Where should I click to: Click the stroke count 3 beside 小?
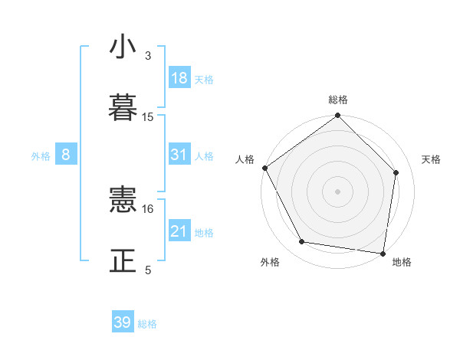[x=148, y=56]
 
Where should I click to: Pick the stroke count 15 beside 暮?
[x=148, y=117]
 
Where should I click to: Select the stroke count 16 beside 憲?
[x=148, y=208]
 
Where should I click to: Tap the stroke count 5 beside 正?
[x=148, y=270]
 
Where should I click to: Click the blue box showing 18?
[x=179, y=78]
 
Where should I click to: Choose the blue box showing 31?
[x=179, y=155]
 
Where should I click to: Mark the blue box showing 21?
[x=179, y=231]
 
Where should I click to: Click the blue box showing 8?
[x=66, y=155]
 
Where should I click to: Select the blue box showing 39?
[x=123, y=322]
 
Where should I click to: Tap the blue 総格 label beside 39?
[x=147, y=324]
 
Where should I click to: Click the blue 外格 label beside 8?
[x=41, y=156]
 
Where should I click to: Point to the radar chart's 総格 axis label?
[x=338, y=100]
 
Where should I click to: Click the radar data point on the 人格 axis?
[x=265, y=168]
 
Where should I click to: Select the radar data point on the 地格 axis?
[x=383, y=253]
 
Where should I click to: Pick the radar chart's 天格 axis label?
[x=432, y=159]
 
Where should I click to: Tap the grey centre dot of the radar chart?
[x=338, y=191]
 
